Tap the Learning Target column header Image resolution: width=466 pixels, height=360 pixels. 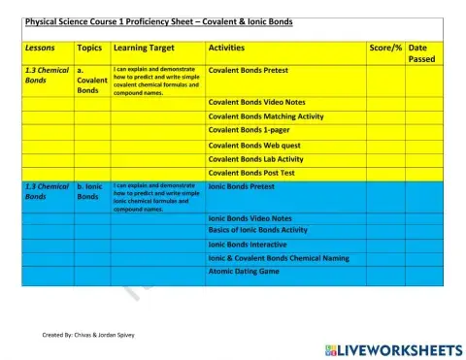coord(145,48)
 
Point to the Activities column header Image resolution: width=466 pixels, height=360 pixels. coord(226,48)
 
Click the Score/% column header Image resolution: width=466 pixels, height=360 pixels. coord(385,48)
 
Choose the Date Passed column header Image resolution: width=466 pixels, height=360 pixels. coord(422,53)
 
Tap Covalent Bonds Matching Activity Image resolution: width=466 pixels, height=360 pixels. coord(266,115)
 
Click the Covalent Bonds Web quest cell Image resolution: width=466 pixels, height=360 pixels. coord(251,145)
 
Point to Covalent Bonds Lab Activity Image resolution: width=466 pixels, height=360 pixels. coord(256,159)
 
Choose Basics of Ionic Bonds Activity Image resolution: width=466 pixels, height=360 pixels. coord(258,230)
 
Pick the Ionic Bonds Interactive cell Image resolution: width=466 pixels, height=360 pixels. coord(248,245)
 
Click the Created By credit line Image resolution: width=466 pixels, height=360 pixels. coord(88,335)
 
